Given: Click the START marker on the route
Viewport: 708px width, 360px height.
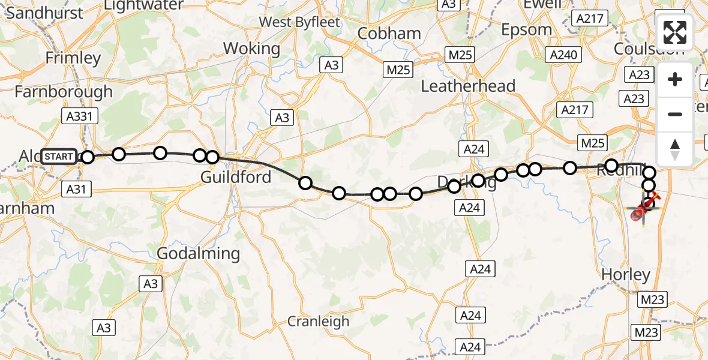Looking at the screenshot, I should coord(59,157).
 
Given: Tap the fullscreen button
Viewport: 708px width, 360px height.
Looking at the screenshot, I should coord(675,32).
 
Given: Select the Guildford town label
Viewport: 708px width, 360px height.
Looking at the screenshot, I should coord(236,177).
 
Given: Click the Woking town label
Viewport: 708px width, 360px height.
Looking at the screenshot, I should coord(251,48).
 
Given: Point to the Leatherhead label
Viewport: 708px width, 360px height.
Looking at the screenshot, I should coord(468,86).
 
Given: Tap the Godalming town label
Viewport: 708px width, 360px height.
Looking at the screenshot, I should coord(198,254).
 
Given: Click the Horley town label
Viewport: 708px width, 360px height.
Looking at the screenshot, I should coord(626,275).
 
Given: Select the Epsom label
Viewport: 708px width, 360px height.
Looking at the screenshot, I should coord(526,29).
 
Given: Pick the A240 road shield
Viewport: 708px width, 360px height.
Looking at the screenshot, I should coord(563,55).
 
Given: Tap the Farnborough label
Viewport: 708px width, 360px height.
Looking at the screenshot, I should coord(63,92).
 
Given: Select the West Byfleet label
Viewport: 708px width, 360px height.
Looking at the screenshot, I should coord(299,22).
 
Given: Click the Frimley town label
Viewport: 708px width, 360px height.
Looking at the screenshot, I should coord(74,58).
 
